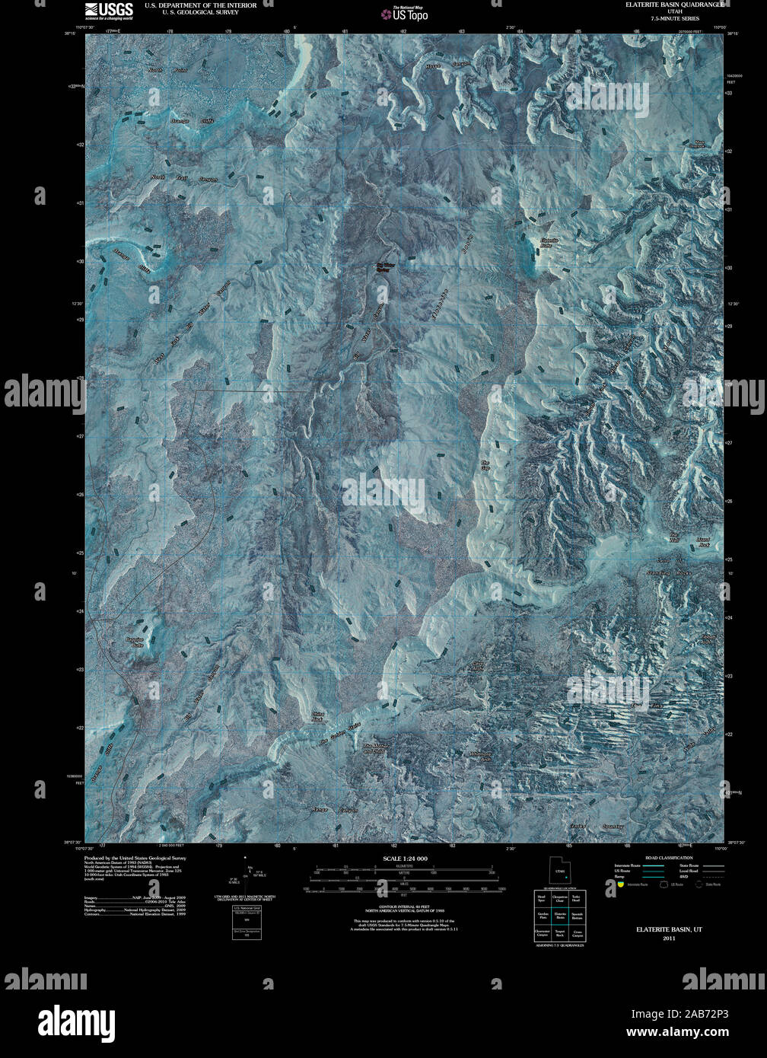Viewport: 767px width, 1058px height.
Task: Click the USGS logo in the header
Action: pyautogui.click(x=109, y=10)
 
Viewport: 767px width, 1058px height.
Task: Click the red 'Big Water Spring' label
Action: pyautogui.click(x=387, y=267)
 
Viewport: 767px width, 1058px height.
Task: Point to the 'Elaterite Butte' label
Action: pyautogui.click(x=549, y=243)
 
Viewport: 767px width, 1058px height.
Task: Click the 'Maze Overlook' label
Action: pyautogui.click(x=699, y=144)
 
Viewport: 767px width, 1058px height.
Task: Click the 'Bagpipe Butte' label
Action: pyautogui.click(x=135, y=642)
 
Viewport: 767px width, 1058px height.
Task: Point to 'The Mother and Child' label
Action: pyautogui.click(x=374, y=749)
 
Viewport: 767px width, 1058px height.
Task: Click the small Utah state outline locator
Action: pyautogui.click(x=560, y=871)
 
